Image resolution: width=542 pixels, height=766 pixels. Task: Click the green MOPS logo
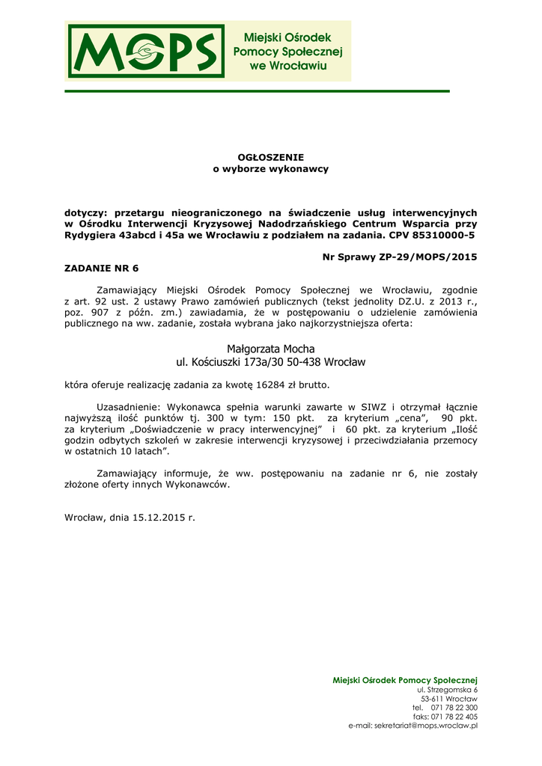click(x=146, y=51)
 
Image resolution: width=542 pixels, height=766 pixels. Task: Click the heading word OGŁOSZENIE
click(x=271, y=157)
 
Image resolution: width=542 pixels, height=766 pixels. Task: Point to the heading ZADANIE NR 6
click(x=102, y=268)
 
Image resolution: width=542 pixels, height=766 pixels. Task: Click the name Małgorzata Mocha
click(x=270, y=349)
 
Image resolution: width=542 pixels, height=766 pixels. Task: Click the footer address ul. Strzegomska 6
click(x=447, y=689)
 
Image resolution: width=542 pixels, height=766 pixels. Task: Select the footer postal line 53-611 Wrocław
click(x=449, y=699)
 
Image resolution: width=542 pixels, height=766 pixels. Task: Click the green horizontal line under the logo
click(x=257, y=91)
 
